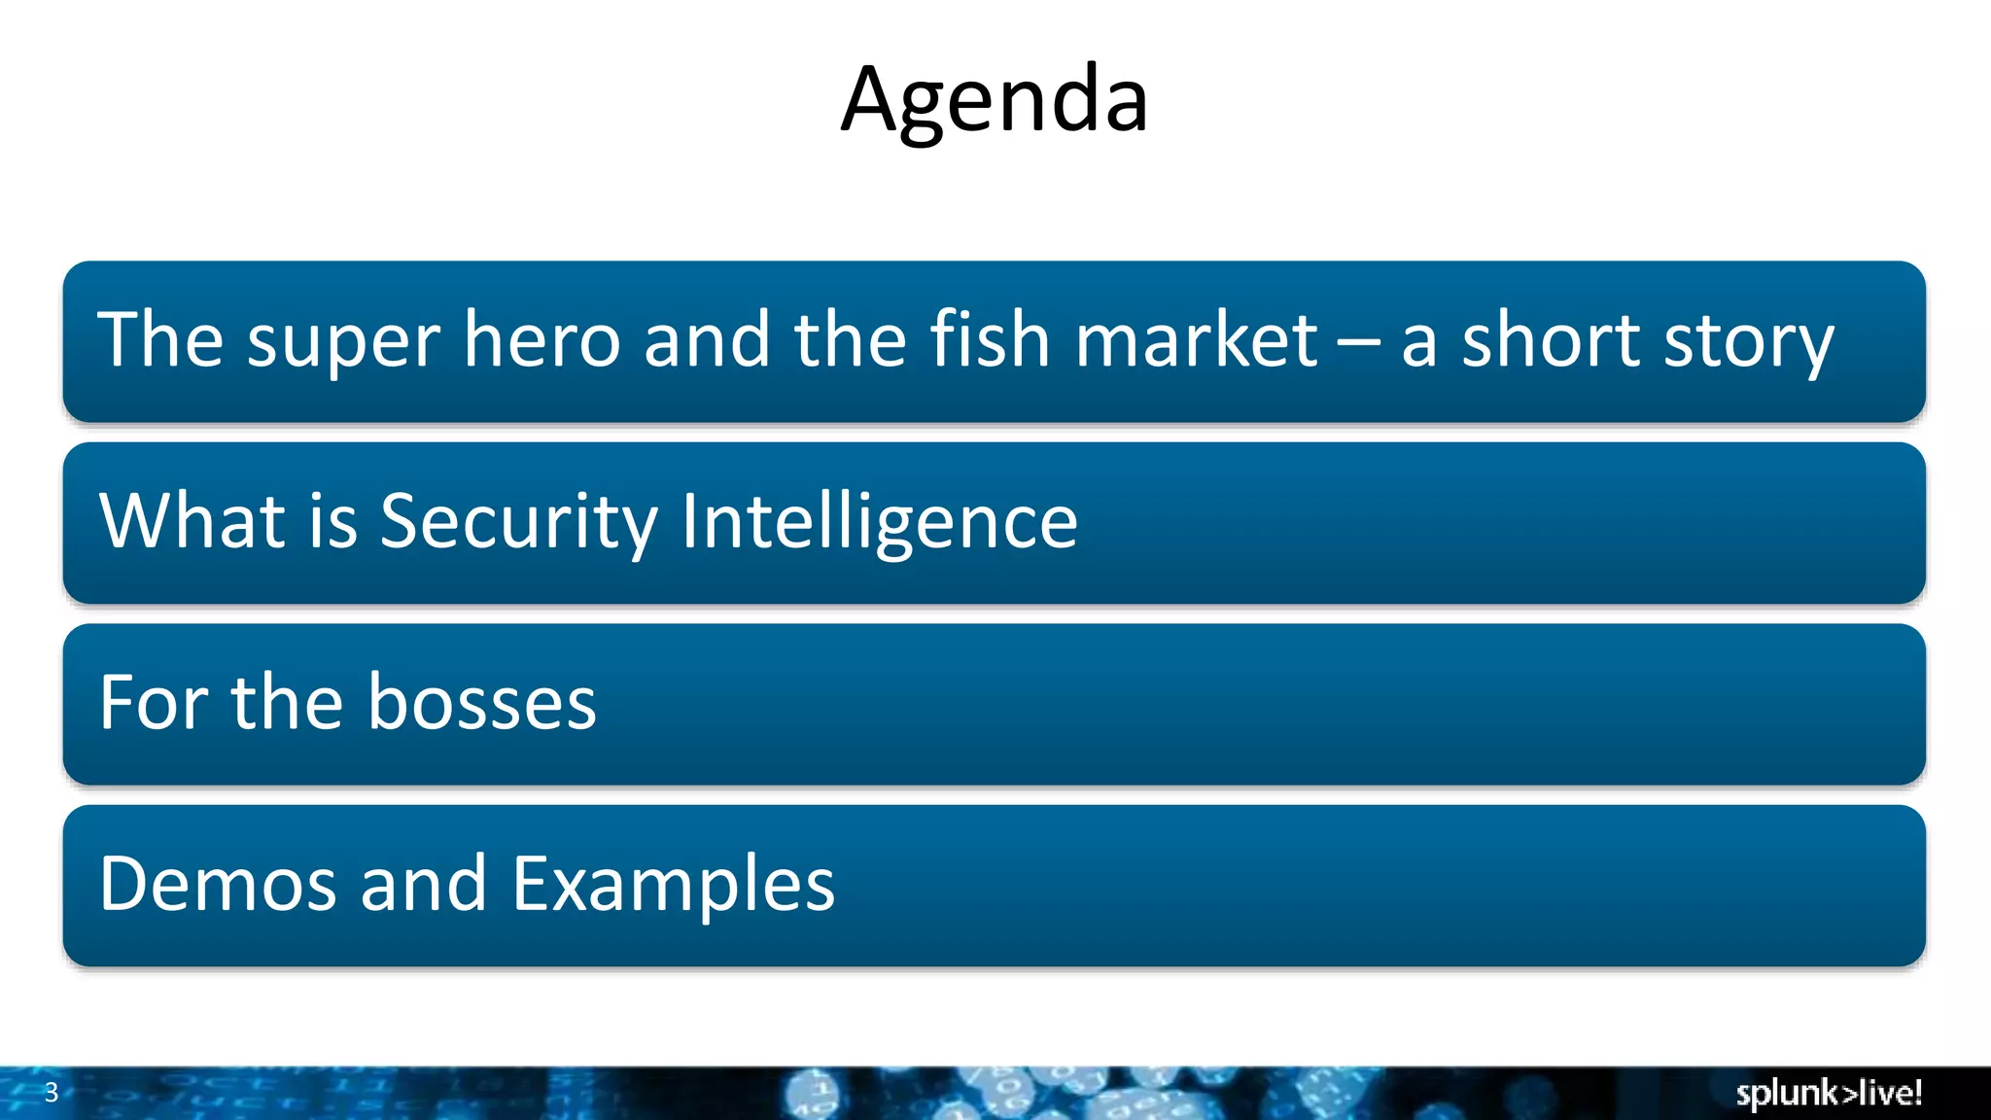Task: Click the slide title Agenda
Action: point(995,100)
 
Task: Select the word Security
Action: point(518,523)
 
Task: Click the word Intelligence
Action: point(879,523)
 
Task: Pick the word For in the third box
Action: point(153,702)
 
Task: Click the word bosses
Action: point(482,702)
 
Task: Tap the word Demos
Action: point(218,884)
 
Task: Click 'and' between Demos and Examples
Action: point(423,884)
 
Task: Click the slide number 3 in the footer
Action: point(52,1093)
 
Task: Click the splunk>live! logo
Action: point(1829,1094)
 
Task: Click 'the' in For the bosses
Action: point(287,702)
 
